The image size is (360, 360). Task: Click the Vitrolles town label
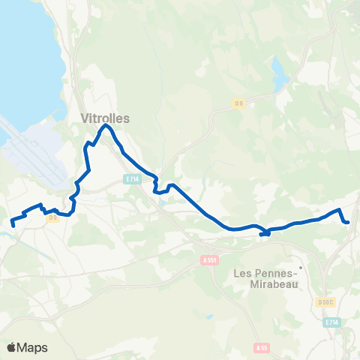pos(105,118)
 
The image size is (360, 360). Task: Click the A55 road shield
pos(261,347)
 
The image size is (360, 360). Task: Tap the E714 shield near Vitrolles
pos(132,179)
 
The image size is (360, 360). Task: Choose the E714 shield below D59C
pos(332,322)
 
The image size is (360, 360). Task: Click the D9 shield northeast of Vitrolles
pos(239,103)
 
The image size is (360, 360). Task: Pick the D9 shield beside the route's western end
pos(52,218)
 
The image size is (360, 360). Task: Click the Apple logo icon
pos(12,347)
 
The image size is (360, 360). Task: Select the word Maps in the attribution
pos(33,347)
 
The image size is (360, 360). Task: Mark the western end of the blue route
pos(12,223)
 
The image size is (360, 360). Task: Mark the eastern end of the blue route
pos(349,222)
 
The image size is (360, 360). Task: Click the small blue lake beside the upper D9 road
pos(279,73)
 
